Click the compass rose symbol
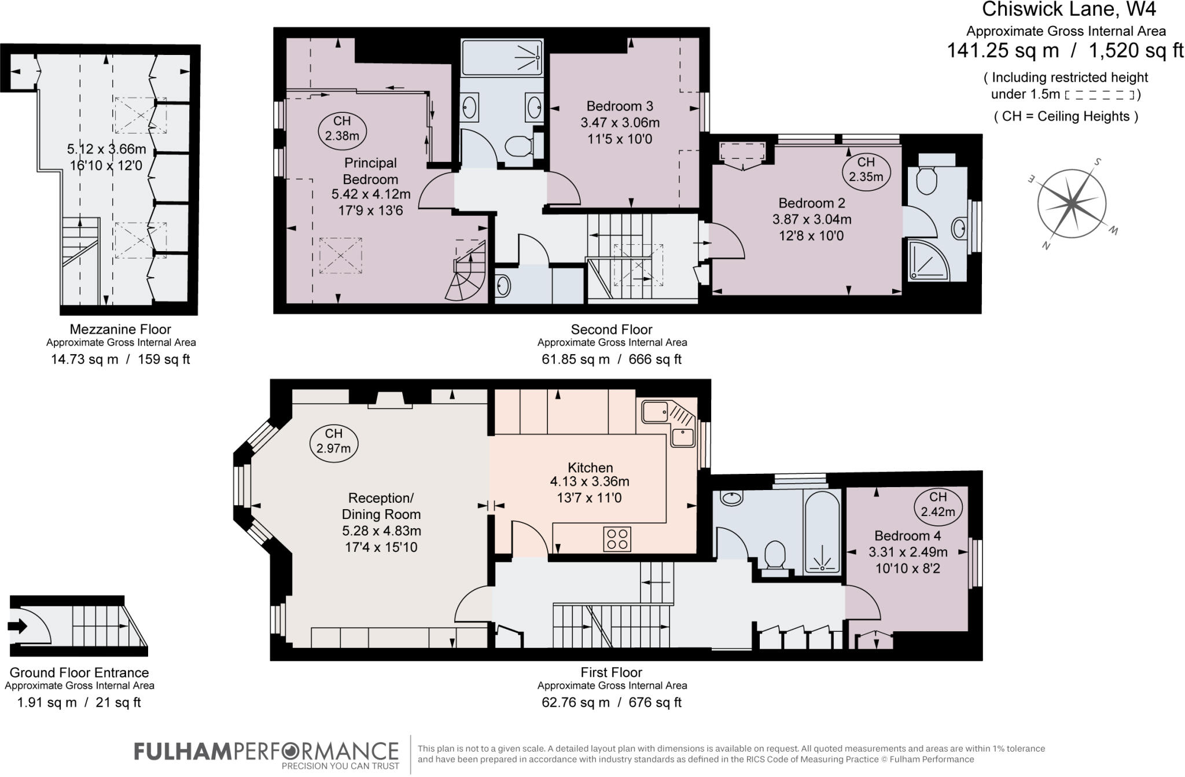click(x=1072, y=204)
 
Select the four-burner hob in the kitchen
click(x=617, y=539)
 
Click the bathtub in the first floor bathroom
click(x=822, y=531)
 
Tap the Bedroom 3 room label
click(x=620, y=106)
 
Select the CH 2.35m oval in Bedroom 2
click(x=866, y=170)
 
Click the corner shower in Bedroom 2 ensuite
click(x=928, y=260)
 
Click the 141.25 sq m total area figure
click(x=1002, y=51)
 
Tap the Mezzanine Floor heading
click(x=120, y=329)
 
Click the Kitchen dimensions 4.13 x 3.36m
click(x=590, y=481)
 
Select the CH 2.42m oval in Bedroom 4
click(x=938, y=504)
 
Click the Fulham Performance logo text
click(x=267, y=752)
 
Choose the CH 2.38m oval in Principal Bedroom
click(x=342, y=128)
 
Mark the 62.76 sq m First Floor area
click(x=576, y=702)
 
